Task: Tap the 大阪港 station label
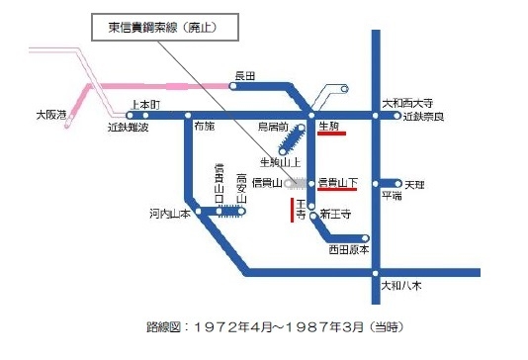pyautogui.click(x=48, y=116)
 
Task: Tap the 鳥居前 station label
pyautogui.click(x=272, y=128)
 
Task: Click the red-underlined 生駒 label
pyautogui.click(x=330, y=127)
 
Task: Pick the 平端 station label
pyautogui.click(x=392, y=197)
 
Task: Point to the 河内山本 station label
pyautogui.click(x=169, y=213)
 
